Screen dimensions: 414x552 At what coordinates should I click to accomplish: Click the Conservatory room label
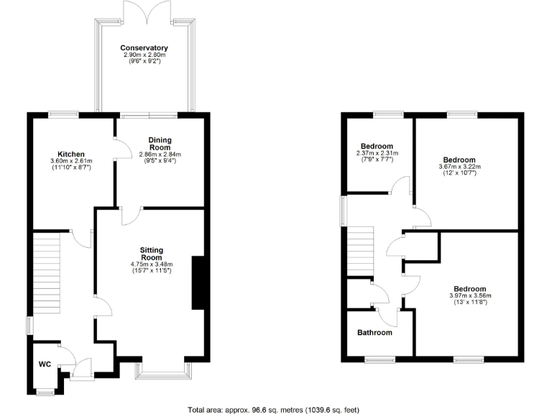pyautogui.click(x=144, y=48)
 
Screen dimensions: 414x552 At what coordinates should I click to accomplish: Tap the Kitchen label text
pyautogui.click(x=72, y=155)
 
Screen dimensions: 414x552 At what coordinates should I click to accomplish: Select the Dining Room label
pyautogui.click(x=160, y=143)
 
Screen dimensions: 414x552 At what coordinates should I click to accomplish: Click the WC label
pyautogui.click(x=45, y=364)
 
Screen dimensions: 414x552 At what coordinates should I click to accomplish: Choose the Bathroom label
pyautogui.click(x=375, y=333)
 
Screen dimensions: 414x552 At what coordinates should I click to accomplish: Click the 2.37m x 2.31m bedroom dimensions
pyautogui.click(x=377, y=153)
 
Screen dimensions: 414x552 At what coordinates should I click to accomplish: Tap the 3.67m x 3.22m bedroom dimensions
pyautogui.click(x=459, y=166)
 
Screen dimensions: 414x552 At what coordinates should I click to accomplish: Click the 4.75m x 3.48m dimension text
pyautogui.click(x=151, y=264)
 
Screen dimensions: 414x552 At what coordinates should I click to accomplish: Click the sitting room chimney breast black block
pyautogui.click(x=198, y=282)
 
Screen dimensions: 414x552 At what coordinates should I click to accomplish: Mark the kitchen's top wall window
pyautogui.click(x=64, y=114)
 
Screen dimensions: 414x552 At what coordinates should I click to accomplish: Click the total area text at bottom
pyautogui.click(x=276, y=408)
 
